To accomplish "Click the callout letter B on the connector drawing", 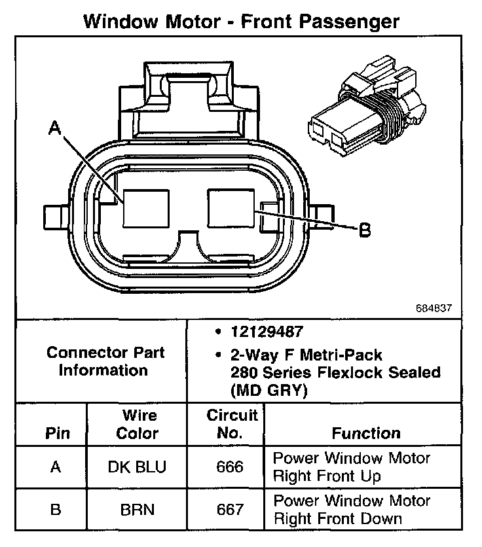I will pos(365,230).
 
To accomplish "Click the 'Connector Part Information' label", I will pos(105,361).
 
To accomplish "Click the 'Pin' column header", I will pos(56,433).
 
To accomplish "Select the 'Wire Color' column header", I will pos(138,425).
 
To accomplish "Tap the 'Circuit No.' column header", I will pos(232,424).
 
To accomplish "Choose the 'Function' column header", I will pos(367,433).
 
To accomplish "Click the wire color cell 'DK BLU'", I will pos(138,467).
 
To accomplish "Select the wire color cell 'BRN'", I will pos(138,509).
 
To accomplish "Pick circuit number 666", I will pos(229,467).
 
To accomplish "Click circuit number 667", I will pos(229,509).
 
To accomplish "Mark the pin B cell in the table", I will pos(56,509).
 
